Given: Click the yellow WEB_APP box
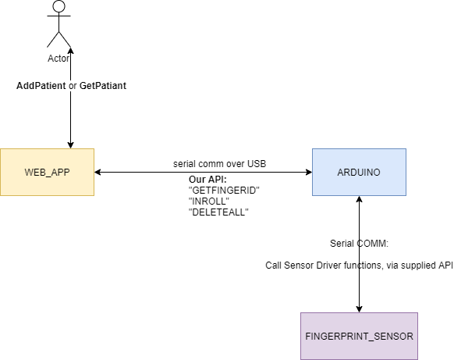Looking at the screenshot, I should point(48,172).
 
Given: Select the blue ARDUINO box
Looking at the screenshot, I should point(359,172).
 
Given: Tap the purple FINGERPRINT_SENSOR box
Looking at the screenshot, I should point(359,336).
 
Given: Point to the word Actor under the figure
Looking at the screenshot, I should point(59,59).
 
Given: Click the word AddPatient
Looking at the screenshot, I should point(41,85).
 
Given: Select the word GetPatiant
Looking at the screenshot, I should point(103,85).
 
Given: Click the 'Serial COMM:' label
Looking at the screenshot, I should point(359,242).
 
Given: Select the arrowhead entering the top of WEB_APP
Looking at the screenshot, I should point(71,144).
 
